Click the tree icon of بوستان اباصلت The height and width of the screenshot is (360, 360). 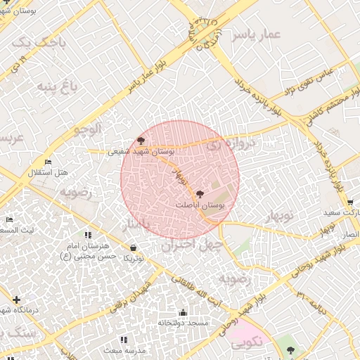coord(200,193)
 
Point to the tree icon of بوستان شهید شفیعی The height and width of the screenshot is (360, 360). coord(141,141)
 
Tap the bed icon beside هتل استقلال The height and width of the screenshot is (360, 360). coord(48,163)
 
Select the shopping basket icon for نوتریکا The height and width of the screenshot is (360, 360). coord(134,247)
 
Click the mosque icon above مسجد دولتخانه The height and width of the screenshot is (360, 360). coord(183,312)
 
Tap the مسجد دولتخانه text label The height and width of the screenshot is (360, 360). coord(182,323)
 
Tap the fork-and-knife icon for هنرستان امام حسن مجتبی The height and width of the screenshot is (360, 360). coord(88,235)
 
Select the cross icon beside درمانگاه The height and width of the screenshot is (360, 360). coord(17,300)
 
